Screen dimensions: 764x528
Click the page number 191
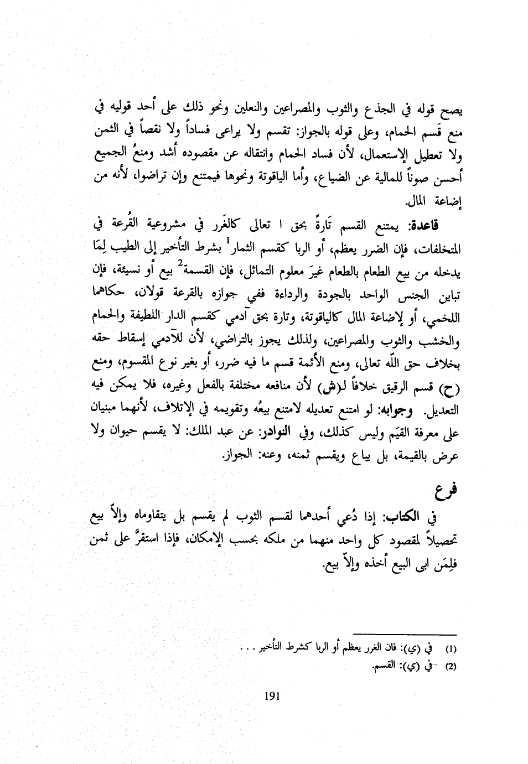273,697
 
